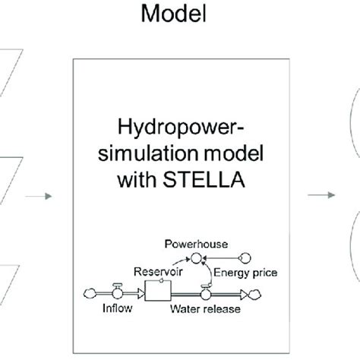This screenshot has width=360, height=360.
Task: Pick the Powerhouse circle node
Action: click(x=197, y=258)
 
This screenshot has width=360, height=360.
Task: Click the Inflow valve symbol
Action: click(x=118, y=288)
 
